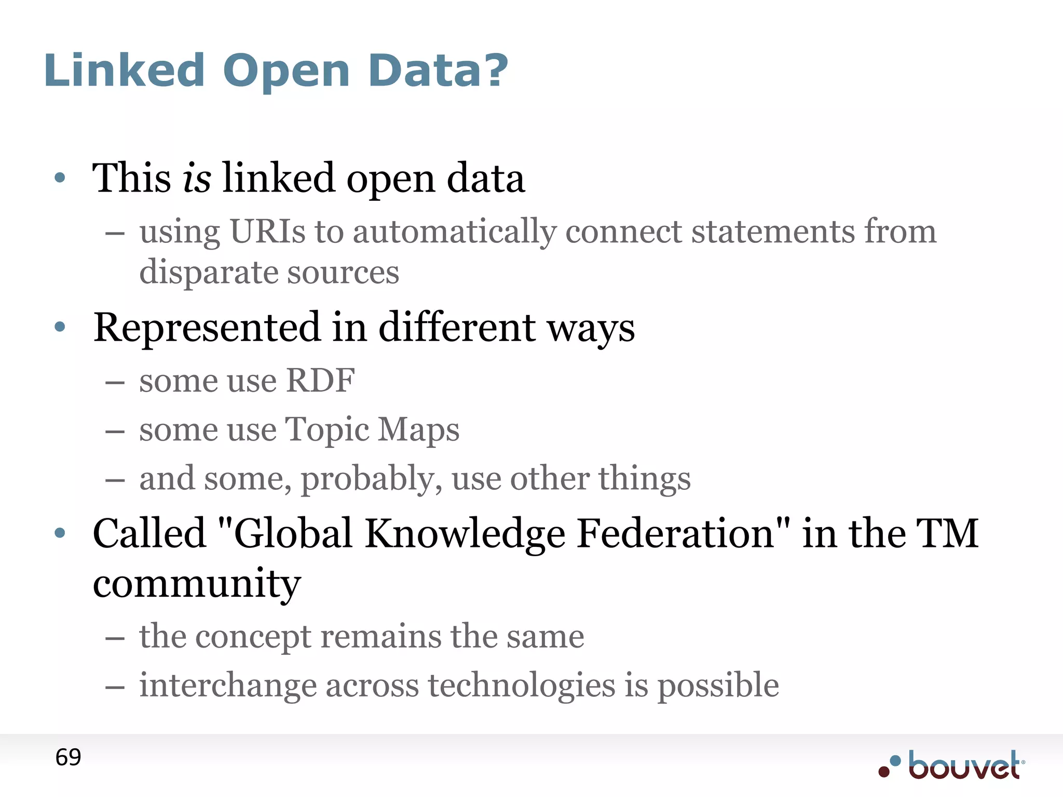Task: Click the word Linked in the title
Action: tap(125, 71)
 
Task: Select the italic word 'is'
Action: tap(197, 178)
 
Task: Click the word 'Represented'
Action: tap(207, 328)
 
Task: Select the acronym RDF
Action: tap(320, 380)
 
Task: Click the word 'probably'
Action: tap(371, 478)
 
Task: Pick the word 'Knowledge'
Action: tap(465, 533)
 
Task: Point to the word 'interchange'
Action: tap(228, 685)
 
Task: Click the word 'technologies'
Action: tap(522, 685)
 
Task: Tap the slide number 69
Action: tap(68, 758)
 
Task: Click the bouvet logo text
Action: tap(963, 766)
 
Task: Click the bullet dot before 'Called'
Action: tap(60, 532)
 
